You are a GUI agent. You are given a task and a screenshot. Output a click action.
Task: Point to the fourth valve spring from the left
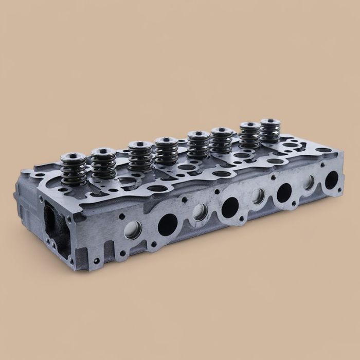[167, 152]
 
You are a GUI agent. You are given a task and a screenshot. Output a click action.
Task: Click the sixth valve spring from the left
[221, 142]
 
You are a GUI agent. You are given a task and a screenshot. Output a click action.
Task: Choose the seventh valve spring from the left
[250, 137]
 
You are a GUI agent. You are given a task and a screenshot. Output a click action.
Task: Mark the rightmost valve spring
[270, 133]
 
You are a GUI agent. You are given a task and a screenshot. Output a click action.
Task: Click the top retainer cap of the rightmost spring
[270, 122]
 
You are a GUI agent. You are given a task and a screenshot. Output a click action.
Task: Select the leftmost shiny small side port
[131, 230]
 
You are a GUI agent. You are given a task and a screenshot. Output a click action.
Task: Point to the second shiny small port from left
[200, 211]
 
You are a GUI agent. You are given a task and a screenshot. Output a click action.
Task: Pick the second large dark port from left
[230, 206]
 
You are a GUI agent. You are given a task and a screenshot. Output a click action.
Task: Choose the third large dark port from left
[284, 192]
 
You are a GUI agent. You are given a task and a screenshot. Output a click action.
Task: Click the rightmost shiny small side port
[310, 182]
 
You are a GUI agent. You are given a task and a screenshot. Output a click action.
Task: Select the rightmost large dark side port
[332, 178]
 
